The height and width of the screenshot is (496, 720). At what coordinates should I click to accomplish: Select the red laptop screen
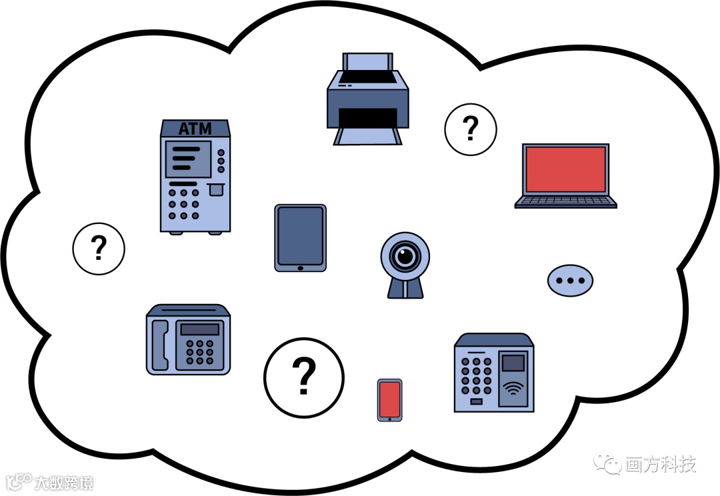pos(566,169)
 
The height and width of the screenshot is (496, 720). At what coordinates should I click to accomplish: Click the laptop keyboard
pos(566,200)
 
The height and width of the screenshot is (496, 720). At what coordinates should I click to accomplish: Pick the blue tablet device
pos(300,237)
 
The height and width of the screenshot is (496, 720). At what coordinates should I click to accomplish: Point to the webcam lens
pos(405,255)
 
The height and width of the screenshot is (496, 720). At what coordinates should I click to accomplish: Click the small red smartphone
pos(389,399)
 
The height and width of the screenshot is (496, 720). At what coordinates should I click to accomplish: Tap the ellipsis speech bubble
pos(570,281)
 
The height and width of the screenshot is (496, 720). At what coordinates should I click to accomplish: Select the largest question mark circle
pos(304,376)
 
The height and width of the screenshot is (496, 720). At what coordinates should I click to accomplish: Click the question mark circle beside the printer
pos(471,128)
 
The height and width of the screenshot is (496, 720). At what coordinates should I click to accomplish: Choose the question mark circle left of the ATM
pos(99,249)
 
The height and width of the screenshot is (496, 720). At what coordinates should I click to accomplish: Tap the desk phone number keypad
pos(200,352)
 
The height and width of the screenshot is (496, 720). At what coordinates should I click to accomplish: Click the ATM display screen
pos(187,158)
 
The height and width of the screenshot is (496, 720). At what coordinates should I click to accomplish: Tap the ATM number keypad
pos(183,203)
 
